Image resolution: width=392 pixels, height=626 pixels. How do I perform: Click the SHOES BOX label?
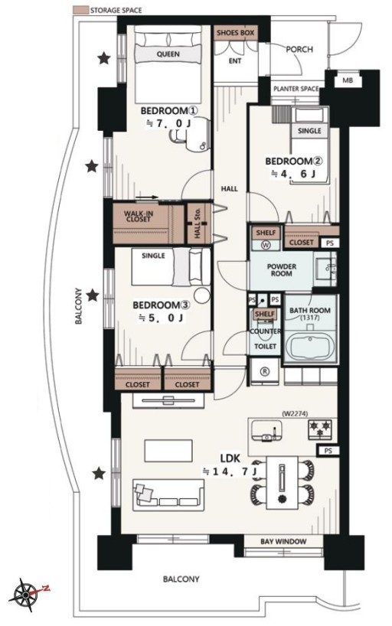(x=235, y=33)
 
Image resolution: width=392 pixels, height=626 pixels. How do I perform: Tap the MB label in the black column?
(x=348, y=80)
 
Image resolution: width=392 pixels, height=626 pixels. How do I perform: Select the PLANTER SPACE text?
(x=296, y=89)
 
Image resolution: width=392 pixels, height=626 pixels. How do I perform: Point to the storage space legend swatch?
(x=80, y=10)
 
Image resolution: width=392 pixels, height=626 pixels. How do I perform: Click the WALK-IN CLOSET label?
(x=139, y=217)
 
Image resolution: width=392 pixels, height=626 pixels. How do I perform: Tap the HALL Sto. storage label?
(x=198, y=223)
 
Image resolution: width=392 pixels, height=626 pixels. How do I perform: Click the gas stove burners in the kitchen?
(x=320, y=429)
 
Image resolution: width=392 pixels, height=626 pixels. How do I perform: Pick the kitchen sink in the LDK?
(x=266, y=432)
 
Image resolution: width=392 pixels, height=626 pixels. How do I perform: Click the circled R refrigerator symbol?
(x=265, y=371)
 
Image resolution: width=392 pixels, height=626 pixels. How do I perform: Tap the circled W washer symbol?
(x=266, y=245)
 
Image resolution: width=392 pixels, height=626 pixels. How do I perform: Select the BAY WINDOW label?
(x=283, y=541)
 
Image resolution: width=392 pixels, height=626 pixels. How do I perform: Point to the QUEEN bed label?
(x=168, y=54)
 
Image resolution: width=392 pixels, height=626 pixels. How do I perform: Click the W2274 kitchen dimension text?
(x=295, y=413)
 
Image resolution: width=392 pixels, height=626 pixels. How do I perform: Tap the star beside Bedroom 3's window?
(x=93, y=295)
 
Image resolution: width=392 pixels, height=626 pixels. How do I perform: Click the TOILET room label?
(x=266, y=346)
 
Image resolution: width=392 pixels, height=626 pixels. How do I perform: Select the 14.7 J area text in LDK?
(x=230, y=471)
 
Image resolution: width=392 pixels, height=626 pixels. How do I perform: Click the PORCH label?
(x=299, y=49)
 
